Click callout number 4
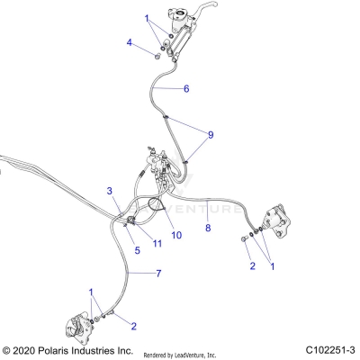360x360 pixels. tap(130, 42)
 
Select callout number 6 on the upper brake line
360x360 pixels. tap(186, 89)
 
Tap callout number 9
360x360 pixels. tap(211, 135)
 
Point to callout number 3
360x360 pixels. tap(110, 191)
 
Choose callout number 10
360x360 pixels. tap(177, 235)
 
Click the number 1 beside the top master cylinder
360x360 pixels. tap(147, 18)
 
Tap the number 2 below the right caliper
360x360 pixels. tap(252, 265)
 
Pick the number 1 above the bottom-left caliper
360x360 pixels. tap(91, 292)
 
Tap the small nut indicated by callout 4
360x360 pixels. tap(154, 56)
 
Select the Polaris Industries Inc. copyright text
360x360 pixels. tap(68, 349)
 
